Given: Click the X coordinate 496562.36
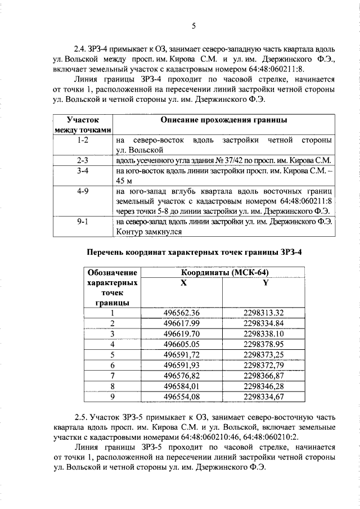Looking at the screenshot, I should pyautogui.click(x=182, y=313).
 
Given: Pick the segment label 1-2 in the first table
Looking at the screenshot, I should pyautogui.click(x=83, y=139).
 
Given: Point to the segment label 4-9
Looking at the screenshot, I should pyautogui.click(x=83, y=191).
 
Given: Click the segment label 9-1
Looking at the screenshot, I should pyautogui.click(x=83, y=222).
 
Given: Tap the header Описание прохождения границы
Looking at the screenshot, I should pyautogui.click(x=224, y=120).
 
